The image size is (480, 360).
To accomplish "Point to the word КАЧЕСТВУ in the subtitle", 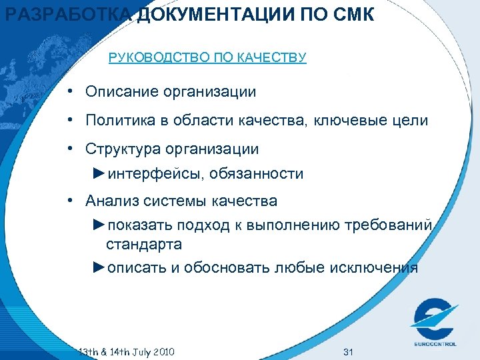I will (275, 58).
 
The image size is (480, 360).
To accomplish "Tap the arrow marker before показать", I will (99, 223).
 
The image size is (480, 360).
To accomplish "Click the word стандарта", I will (143, 245).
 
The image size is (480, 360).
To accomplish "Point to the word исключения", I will (374, 268).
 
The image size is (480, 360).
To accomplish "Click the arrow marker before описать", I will (99, 267).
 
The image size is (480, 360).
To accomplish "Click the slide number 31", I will (346, 351).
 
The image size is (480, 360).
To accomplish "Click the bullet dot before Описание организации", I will (70, 91).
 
